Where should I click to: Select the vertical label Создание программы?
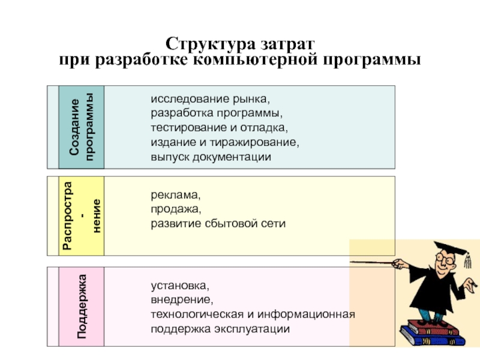pos(81,127)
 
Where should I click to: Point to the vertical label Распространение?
pos(81,215)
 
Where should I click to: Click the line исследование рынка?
pos(210,98)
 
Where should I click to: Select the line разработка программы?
pos(216,113)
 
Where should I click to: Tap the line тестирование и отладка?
pos(219,128)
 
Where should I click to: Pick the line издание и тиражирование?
pos(224,143)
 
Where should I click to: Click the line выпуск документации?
pos(211,157)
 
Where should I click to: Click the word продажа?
pos(173,210)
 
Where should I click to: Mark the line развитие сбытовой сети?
pos(218,224)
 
